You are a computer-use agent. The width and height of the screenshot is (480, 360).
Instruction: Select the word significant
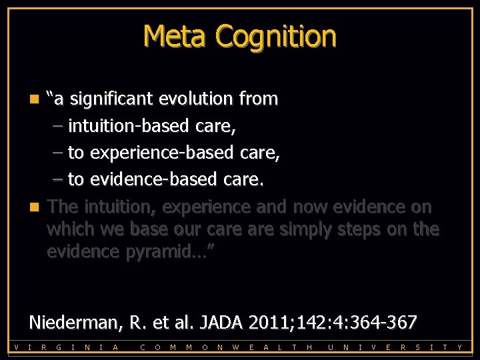(112, 99)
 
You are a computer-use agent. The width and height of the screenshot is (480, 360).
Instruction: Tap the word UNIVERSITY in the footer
(396, 347)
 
